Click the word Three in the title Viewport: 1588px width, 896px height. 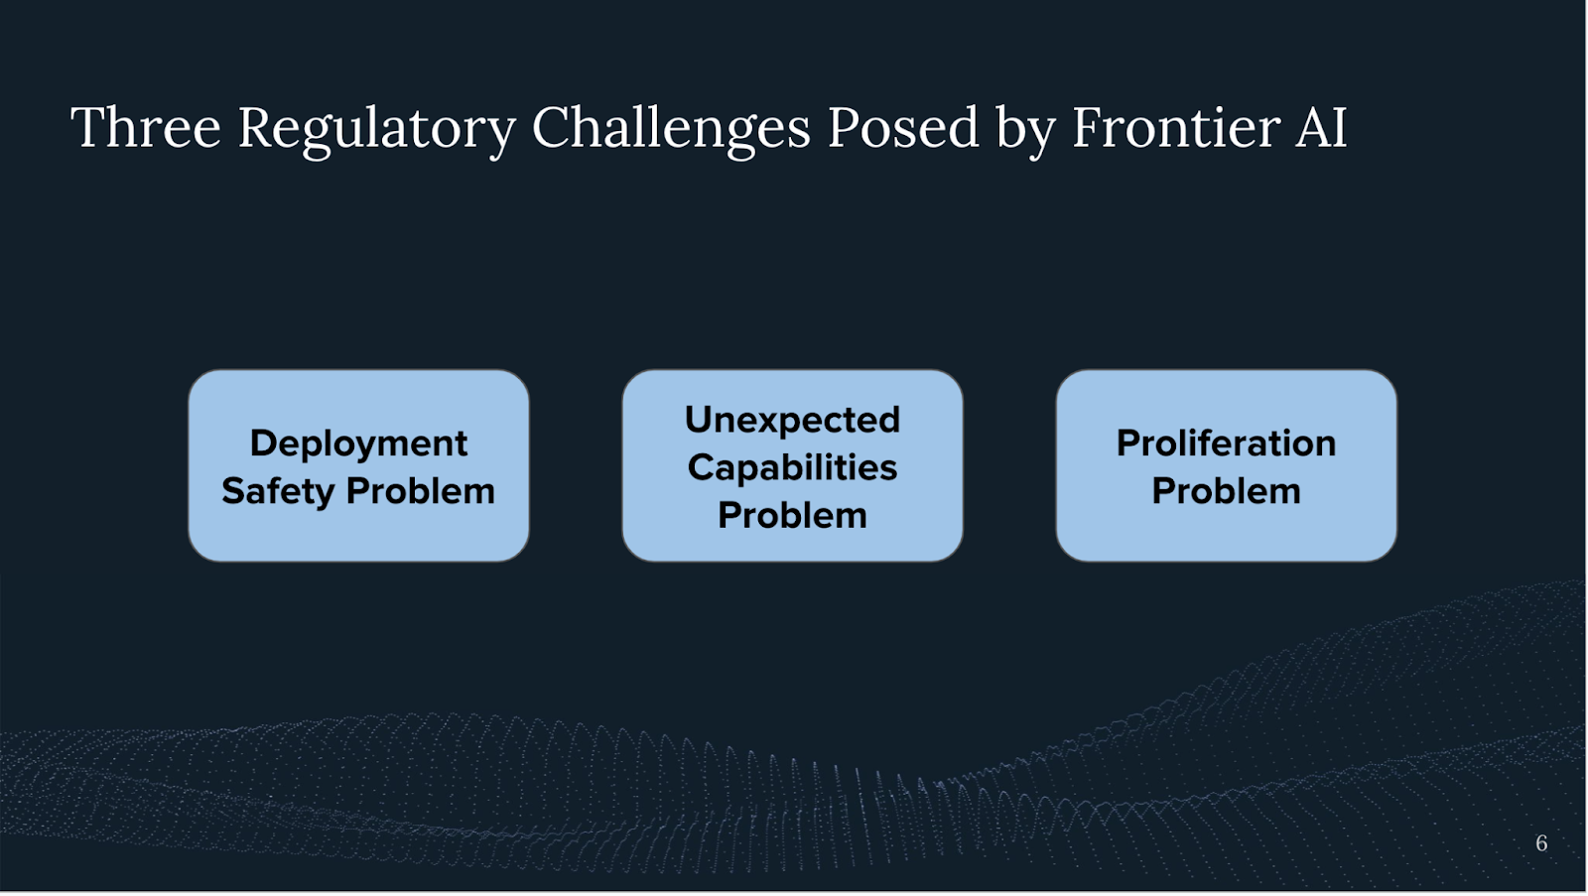[146, 128]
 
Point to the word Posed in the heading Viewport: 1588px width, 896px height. [902, 128]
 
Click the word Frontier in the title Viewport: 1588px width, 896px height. [1175, 128]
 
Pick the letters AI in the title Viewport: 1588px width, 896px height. [1321, 128]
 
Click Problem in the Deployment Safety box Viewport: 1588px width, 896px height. [421, 491]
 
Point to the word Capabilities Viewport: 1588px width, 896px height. [793, 469]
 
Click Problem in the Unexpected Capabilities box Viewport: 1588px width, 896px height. [793, 515]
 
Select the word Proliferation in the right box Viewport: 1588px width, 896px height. [1227, 444]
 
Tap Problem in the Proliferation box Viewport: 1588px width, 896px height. [1227, 491]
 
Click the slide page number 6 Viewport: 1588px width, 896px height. [1541, 842]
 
